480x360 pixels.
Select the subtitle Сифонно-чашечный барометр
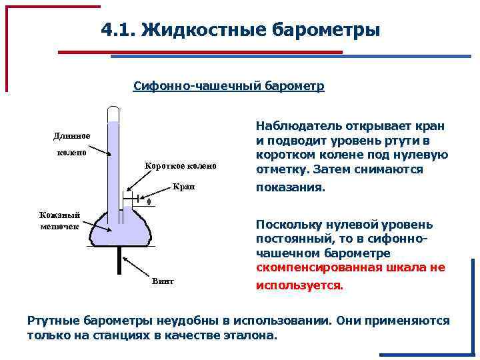(x=229, y=87)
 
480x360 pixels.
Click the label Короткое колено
(x=181, y=166)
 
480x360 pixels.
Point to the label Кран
(x=183, y=187)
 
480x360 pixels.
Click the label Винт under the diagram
(x=163, y=281)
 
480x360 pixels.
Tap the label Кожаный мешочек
(x=59, y=220)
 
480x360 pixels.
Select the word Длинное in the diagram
(x=72, y=136)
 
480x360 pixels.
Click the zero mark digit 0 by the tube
(x=149, y=202)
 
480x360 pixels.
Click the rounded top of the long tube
(x=114, y=109)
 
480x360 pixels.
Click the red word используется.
(x=300, y=285)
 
